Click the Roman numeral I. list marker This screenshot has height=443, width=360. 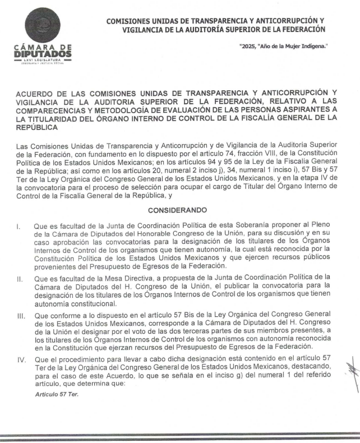(x=19, y=227)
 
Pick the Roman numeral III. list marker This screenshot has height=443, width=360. (x=20, y=316)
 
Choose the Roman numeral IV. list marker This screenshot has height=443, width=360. (x=20, y=357)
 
